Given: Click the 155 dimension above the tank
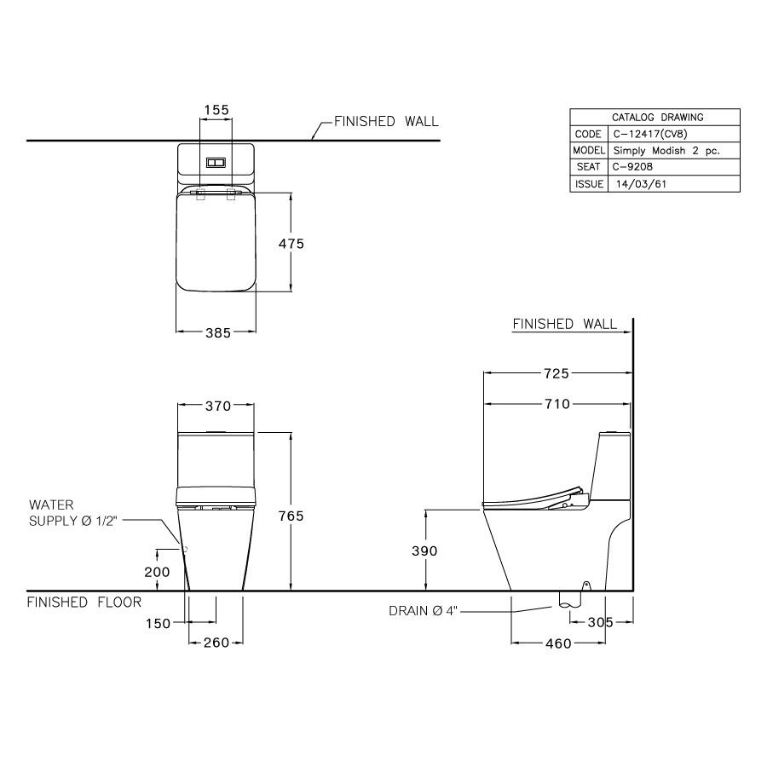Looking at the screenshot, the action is coord(216,110).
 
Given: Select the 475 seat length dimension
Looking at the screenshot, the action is coord(291,244).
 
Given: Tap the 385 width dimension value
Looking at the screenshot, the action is coord(217,333).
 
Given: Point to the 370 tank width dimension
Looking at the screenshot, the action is coord(217,406).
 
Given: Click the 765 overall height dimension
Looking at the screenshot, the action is coord(291,516).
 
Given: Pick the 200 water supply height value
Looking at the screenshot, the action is coord(157,572).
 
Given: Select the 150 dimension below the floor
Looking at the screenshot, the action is coord(158,624).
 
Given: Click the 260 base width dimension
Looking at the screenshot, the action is coord(216,643).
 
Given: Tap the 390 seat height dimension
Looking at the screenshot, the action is coord(424,551).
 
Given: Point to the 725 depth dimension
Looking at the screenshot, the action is coord(557,374).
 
